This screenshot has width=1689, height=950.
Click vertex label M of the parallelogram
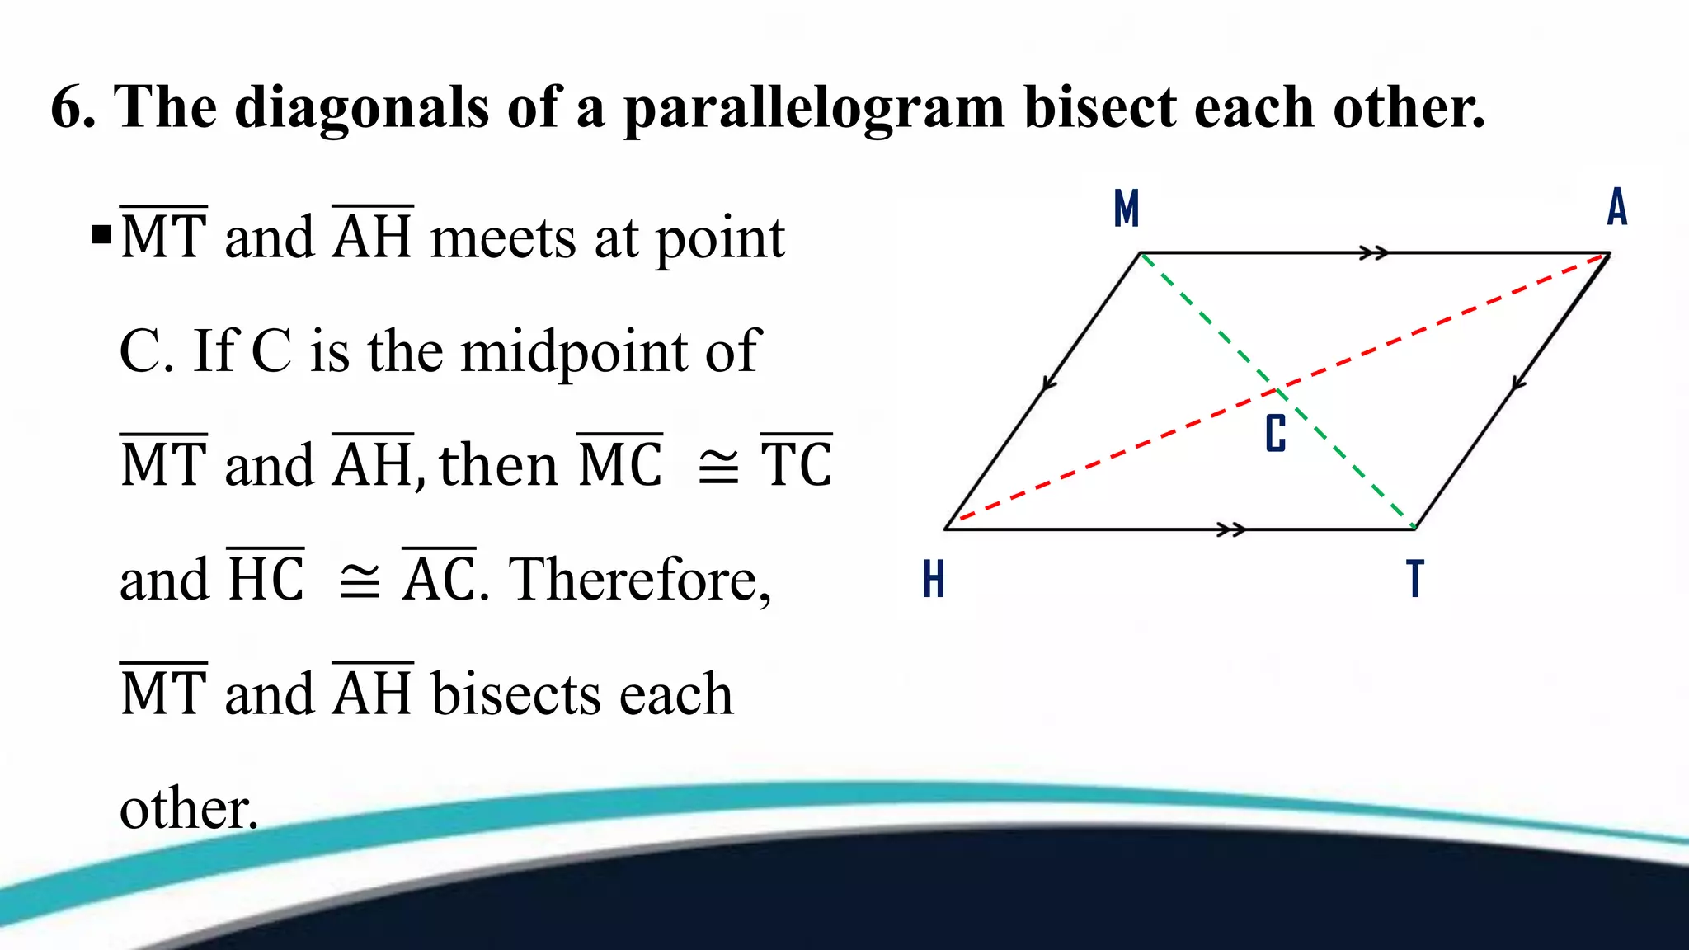coord(1126,208)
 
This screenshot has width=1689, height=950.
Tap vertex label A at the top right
coord(1617,207)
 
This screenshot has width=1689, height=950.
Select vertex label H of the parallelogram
coord(934,579)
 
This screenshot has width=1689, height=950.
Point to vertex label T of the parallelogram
coord(1415,579)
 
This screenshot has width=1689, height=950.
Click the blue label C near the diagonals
coord(1276,434)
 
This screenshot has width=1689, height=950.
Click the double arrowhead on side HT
coord(1232,529)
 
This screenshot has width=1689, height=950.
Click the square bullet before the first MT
coord(101,236)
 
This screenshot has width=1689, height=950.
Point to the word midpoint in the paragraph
coord(574,352)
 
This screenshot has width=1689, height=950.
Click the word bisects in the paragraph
coord(516,694)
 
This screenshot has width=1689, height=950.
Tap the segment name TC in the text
coord(796,464)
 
